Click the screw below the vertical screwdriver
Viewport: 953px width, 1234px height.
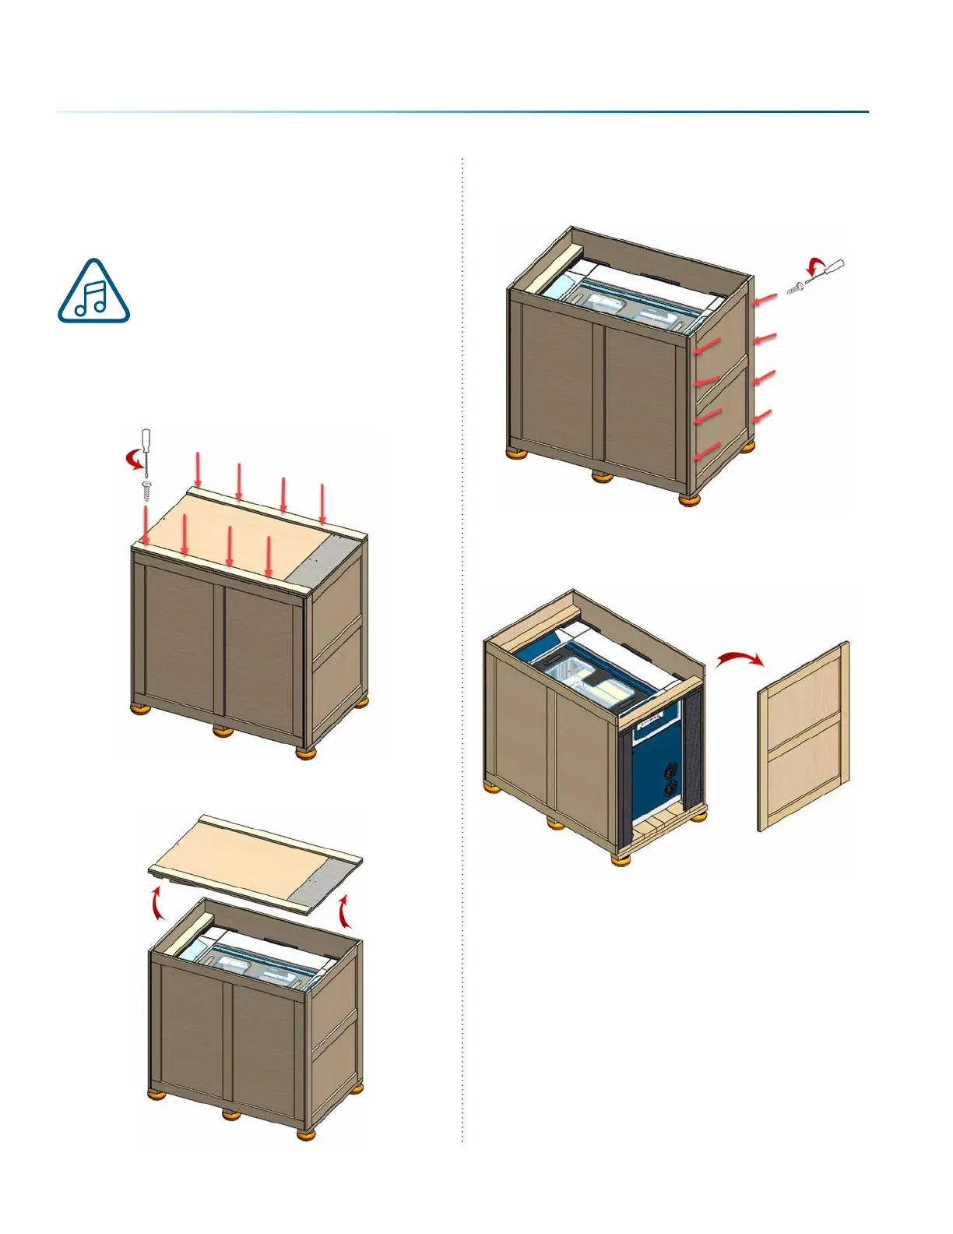point(146,491)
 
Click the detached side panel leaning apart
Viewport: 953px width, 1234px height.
point(804,736)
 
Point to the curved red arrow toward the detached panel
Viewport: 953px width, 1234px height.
point(739,660)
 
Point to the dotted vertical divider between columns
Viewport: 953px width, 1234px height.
point(462,647)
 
